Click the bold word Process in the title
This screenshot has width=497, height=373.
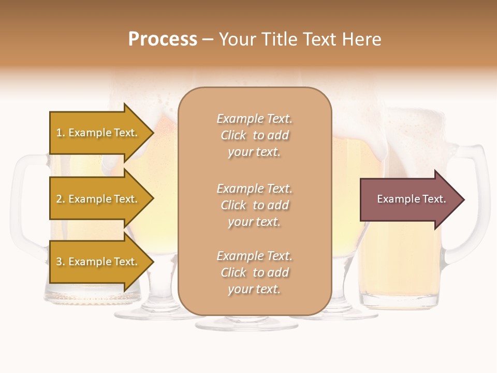coord(163,39)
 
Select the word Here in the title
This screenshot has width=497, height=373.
coord(360,39)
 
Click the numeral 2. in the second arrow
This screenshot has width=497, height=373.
coord(60,199)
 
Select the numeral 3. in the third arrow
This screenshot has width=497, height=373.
coord(60,262)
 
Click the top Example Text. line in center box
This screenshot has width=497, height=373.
coord(254,119)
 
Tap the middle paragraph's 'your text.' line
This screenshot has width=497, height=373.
coord(254,222)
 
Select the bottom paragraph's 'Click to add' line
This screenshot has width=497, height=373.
coord(254,272)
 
